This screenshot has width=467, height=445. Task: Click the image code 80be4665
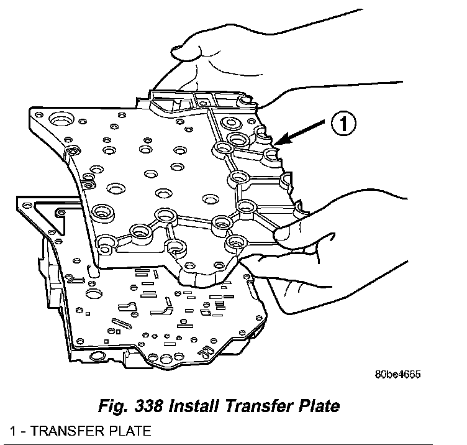[x=397, y=375]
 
